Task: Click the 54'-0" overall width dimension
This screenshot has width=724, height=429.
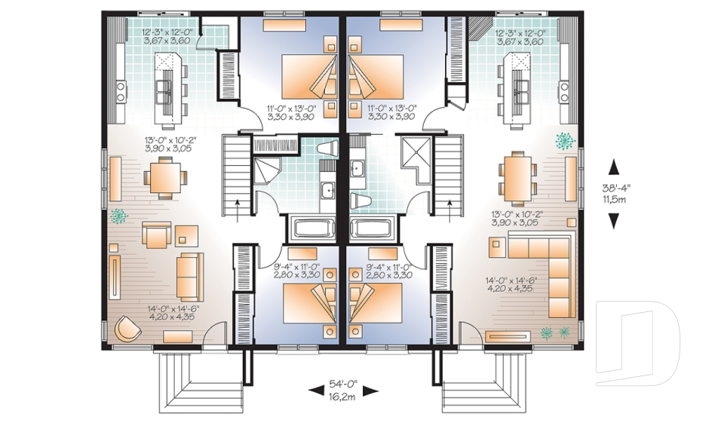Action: point(344,384)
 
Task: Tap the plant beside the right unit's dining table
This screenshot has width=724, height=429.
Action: point(564,140)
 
